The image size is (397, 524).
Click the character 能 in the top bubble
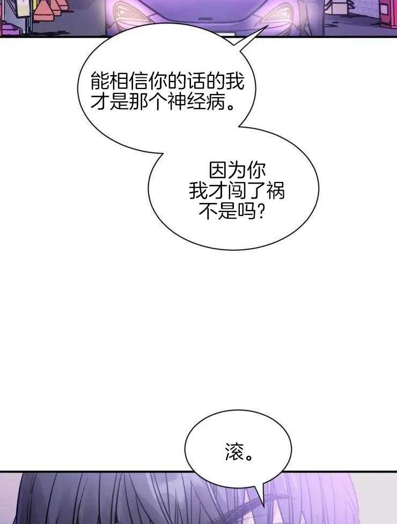[x=100, y=81]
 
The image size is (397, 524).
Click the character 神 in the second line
[x=177, y=101]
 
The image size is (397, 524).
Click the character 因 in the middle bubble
[x=218, y=171]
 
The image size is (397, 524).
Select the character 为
[x=237, y=171]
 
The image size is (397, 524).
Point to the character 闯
[x=237, y=191]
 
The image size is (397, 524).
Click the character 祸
[x=276, y=191]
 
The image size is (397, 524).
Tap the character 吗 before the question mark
[x=246, y=211]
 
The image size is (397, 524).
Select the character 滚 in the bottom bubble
[x=235, y=452]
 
